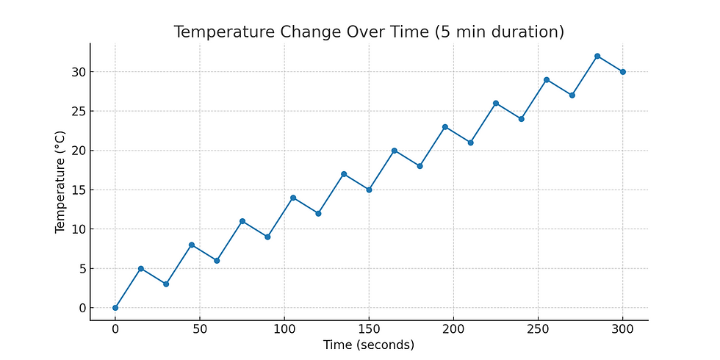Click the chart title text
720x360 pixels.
[369, 32]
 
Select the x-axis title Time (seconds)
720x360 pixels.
[369, 345]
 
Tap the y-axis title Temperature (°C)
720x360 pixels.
[61, 182]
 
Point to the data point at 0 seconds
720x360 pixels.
[115, 308]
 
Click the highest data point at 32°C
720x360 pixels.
[597, 56]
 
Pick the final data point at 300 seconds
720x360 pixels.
[623, 72]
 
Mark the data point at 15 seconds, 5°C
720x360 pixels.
[140, 268]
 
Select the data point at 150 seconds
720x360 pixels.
[369, 190]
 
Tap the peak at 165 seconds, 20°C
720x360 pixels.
[395, 151]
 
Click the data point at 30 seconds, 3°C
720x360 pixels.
[166, 284]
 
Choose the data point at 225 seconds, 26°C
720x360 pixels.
[496, 103]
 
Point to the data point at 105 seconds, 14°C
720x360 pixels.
[293, 198]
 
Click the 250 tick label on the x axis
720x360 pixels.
[538, 329]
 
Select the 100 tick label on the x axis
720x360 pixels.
[284, 329]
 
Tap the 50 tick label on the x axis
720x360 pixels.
[200, 329]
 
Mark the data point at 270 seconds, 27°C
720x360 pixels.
[572, 96]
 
